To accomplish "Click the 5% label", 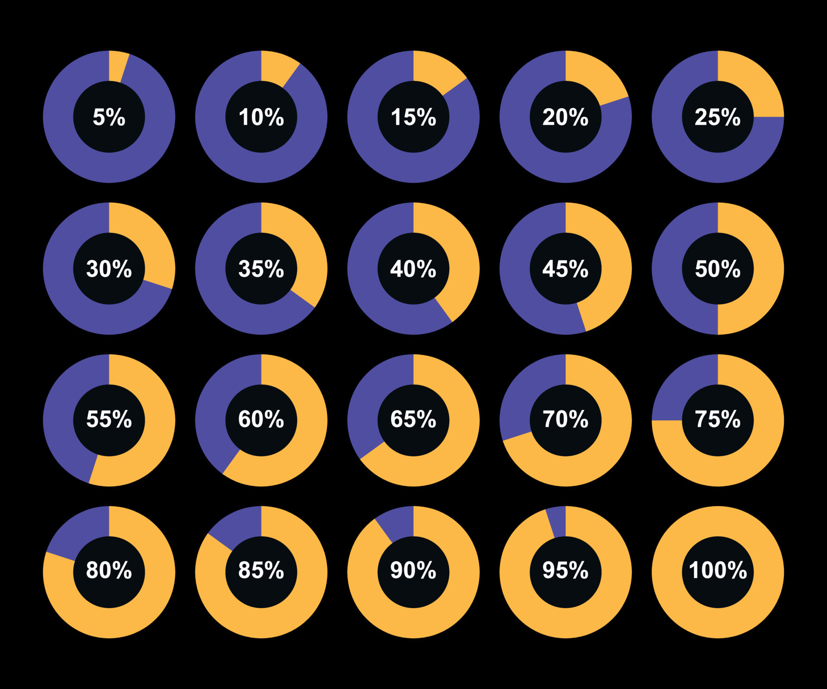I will [109, 117].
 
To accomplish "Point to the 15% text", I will [413, 117].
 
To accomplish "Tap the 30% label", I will [109, 269].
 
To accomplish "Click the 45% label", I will [566, 269].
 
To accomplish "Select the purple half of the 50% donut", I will [668, 269].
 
